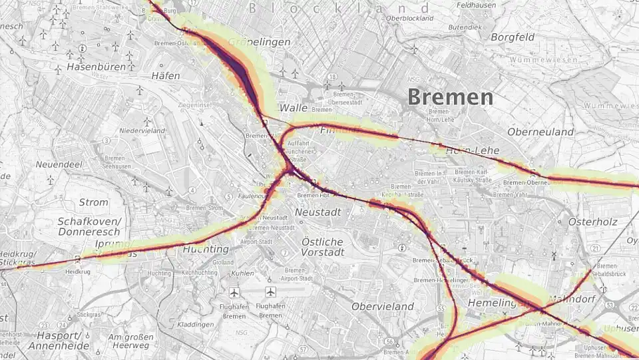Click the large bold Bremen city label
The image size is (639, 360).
pos(451,97)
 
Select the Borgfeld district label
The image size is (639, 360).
pos(513,37)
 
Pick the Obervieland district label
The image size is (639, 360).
pos(383,306)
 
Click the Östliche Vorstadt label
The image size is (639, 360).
pos(322,247)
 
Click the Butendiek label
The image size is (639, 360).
pos(464,27)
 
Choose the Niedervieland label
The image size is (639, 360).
pos(142,130)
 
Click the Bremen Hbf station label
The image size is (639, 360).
pos(314,196)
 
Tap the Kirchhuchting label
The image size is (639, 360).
pos(196,273)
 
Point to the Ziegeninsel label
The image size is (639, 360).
pos(195,105)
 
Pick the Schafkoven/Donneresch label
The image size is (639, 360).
pos(89,227)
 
